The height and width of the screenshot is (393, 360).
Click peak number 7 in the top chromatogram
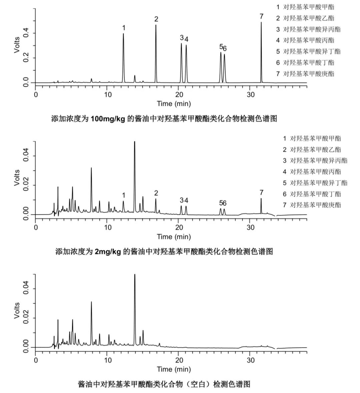(x=261, y=50)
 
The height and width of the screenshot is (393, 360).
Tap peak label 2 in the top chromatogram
(x=156, y=19)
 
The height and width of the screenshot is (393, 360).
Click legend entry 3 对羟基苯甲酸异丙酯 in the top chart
(x=308, y=29)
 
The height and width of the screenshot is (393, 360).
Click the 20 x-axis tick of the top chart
(x=179, y=94)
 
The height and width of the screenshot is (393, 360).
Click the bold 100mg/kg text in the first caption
(x=108, y=119)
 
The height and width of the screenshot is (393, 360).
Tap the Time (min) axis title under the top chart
(x=174, y=104)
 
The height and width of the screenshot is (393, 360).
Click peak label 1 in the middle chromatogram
(x=124, y=195)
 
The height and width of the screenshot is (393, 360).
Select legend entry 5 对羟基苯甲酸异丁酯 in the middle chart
(x=315, y=183)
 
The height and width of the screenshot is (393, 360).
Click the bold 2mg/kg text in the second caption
(x=108, y=251)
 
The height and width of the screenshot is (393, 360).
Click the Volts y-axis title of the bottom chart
(x=17, y=311)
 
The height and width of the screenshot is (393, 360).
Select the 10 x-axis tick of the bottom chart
(x=108, y=360)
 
